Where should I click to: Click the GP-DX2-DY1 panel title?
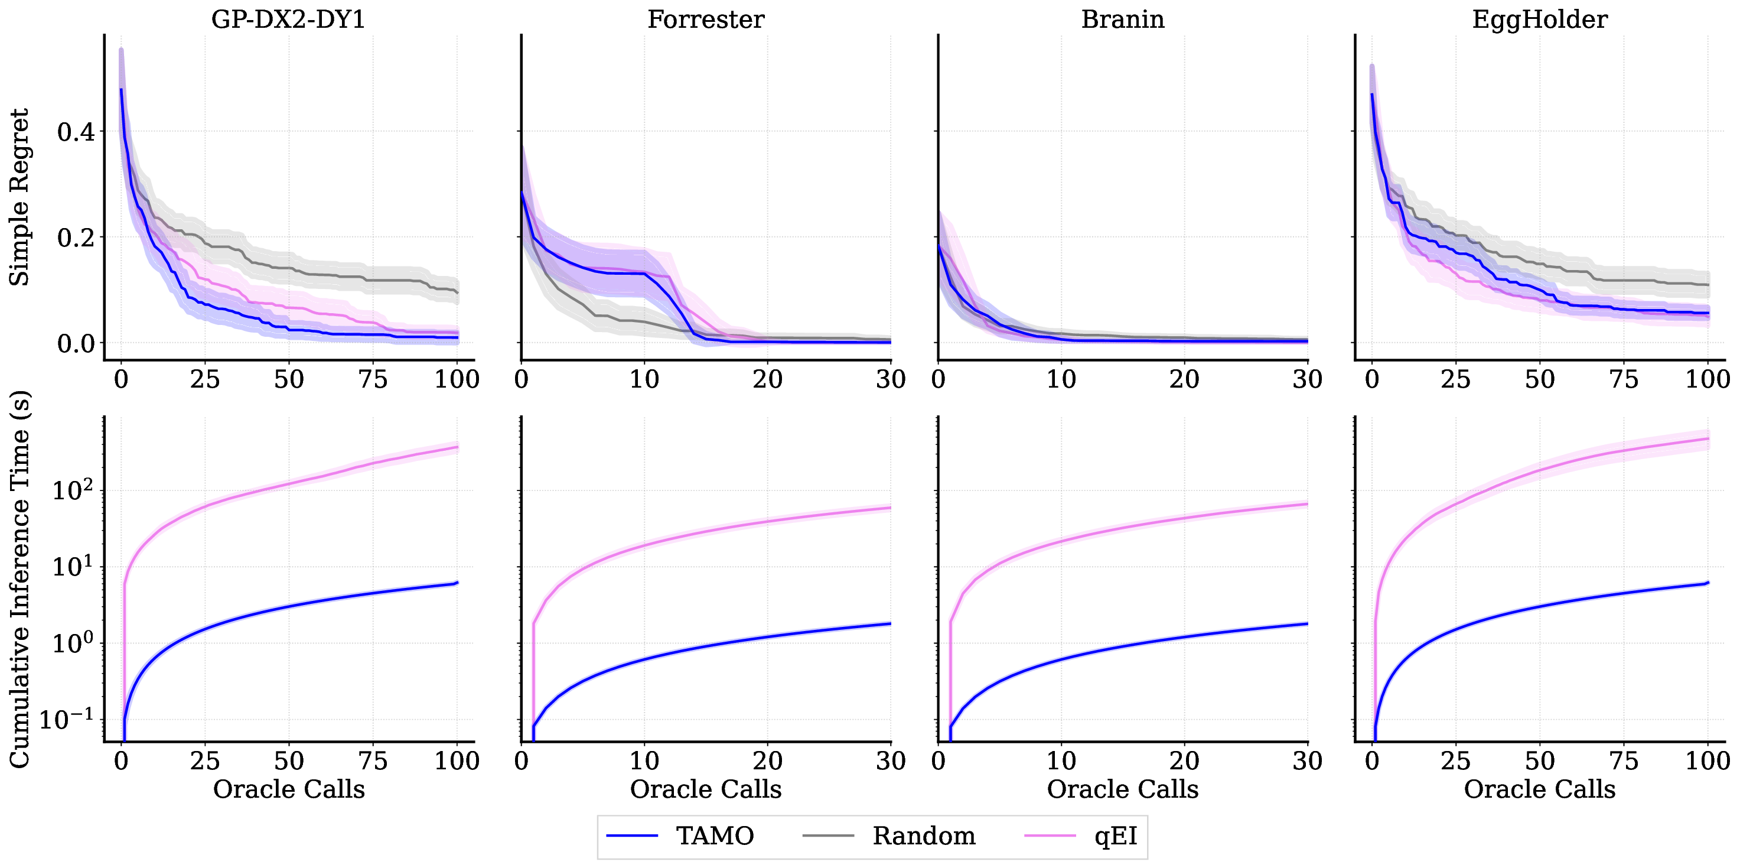click(x=288, y=19)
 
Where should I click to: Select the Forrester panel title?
click(x=705, y=19)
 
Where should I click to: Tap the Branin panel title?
click(x=1123, y=19)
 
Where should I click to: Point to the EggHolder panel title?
click(x=1539, y=19)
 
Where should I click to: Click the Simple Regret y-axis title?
click(x=19, y=197)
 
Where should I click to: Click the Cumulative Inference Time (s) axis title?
click(x=19, y=579)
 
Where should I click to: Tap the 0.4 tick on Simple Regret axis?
click(x=76, y=132)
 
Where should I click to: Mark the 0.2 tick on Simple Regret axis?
click(x=76, y=238)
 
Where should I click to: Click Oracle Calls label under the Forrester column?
click(x=705, y=789)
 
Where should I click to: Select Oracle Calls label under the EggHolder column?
click(x=1539, y=789)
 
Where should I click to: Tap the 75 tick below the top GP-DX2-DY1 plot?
click(x=373, y=379)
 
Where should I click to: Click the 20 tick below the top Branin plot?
click(x=1184, y=379)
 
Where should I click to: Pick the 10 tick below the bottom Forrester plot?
click(x=644, y=761)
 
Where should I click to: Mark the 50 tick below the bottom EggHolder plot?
click(x=1539, y=761)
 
